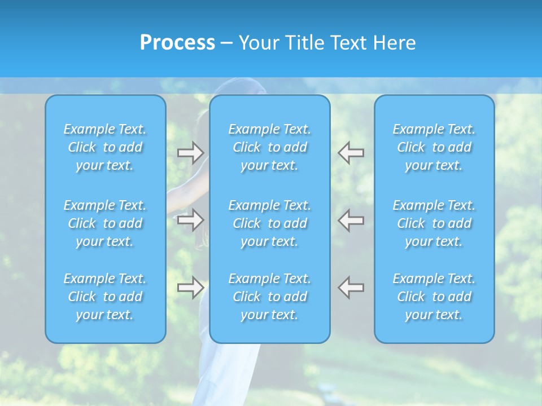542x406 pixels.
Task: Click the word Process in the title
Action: [x=177, y=43]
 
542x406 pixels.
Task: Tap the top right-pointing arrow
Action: [x=191, y=153]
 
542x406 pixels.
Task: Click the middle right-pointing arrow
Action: [x=191, y=220]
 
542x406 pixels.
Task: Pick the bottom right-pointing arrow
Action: [x=191, y=288]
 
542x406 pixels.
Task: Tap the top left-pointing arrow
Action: [x=351, y=153]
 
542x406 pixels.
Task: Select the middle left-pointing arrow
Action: [x=351, y=220]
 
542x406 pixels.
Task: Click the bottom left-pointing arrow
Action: [x=351, y=288]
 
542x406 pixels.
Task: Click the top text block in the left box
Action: [x=105, y=147]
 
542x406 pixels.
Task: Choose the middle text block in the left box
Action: [x=105, y=223]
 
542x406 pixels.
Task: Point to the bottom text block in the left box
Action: [x=105, y=297]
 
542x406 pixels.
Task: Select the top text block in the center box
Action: [x=269, y=147]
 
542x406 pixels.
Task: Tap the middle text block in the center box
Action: [x=269, y=223]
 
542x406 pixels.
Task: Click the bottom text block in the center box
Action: [x=269, y=297]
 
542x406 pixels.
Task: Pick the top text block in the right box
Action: [x=434, y=147]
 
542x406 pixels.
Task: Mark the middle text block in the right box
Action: [x=434, y=223]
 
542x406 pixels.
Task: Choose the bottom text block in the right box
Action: [x=434, y=297]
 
